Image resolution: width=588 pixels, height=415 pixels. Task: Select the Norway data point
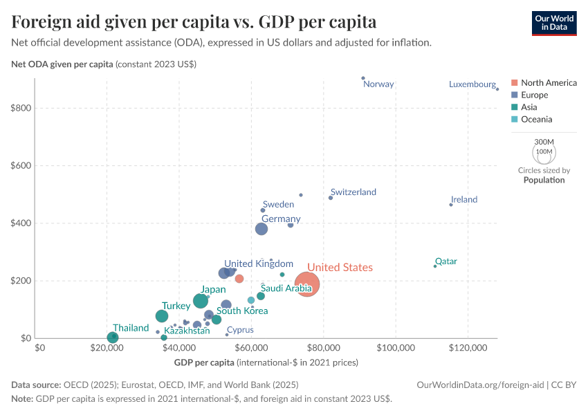(363, 78)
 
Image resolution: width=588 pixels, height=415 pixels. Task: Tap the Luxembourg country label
(472, 84)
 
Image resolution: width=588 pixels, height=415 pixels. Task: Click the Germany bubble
(261, 229)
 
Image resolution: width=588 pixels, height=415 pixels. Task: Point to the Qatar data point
(435, 266)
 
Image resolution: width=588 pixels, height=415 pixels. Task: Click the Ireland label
(464, 199)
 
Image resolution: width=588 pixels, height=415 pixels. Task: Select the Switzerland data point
(331, 198)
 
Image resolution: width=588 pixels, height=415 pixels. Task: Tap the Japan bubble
(201, 301)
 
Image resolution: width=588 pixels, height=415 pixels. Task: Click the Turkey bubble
(162, 316)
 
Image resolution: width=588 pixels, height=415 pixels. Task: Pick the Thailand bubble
(113, 338)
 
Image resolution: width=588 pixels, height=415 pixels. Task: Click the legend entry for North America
(548, 83)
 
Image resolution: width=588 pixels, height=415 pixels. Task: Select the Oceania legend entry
(536, 120)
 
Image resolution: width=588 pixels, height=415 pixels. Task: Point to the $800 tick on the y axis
(20, 108)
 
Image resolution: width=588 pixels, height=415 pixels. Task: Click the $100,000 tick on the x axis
(396, 347)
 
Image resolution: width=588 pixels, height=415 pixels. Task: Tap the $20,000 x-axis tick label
(107, 347)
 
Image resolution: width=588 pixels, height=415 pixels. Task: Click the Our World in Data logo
(554, 22)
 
